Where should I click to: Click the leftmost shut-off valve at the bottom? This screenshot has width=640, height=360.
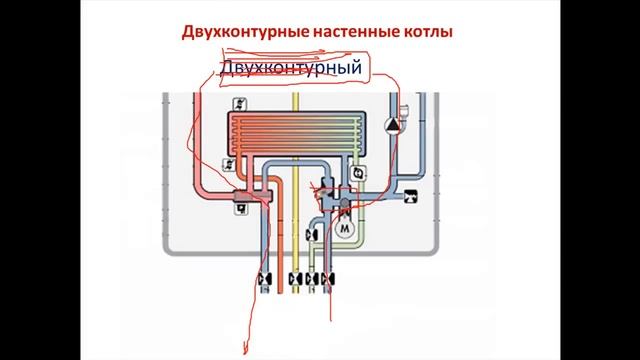(264, 279)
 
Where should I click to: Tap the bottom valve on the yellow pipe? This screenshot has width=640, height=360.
(294, 279)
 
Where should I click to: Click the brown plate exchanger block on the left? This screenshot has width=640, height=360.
(243, 200)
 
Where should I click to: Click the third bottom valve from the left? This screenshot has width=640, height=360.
(313, 279)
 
